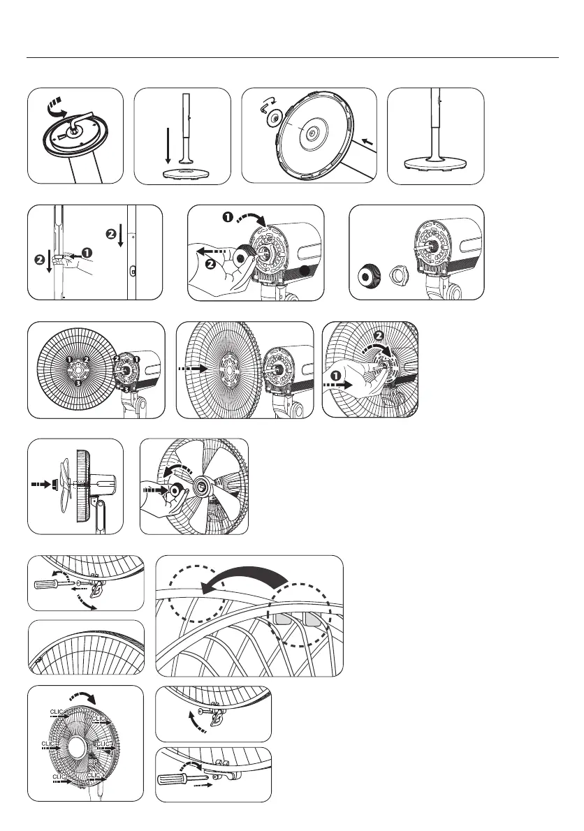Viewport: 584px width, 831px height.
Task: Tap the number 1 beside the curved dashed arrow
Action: coord(228,217)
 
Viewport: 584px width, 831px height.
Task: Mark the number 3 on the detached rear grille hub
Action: coord(78,383)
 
